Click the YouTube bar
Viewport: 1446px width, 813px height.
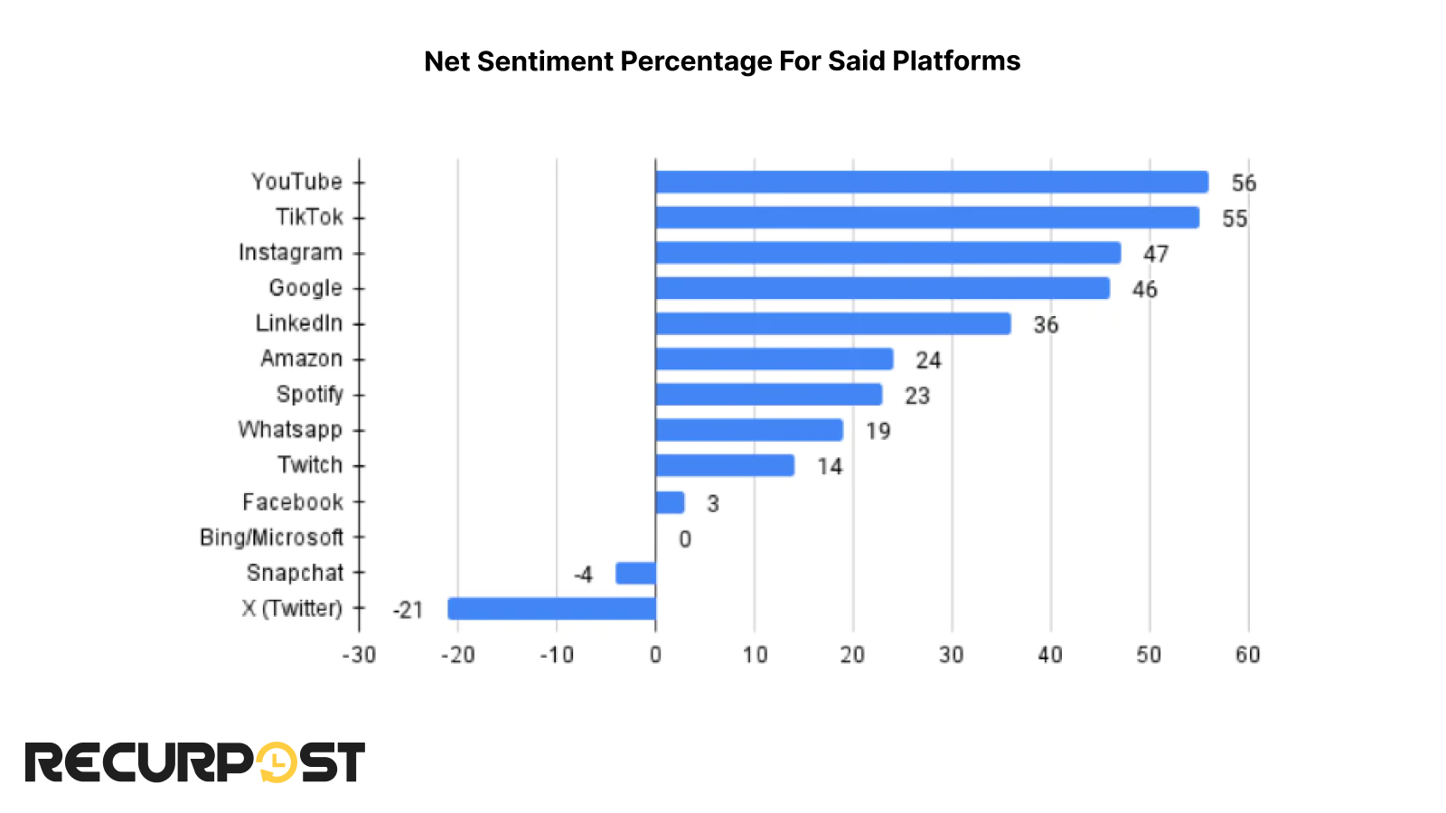(x=931, y=182)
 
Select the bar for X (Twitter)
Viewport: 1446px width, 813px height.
(x=551, y=609)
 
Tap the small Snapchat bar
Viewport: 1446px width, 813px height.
(x=635, y=574)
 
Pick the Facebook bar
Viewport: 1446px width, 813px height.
(x=670, y=502)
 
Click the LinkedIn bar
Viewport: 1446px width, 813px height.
(x=832, y=323)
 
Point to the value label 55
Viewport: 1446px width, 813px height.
(x=1235, y=219)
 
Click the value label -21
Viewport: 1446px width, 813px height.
(x=408, y=611)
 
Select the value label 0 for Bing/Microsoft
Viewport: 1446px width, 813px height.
(x=685, y=539)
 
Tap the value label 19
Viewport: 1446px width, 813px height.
(x=878, y=431)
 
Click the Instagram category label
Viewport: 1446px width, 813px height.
(x=290, y=253)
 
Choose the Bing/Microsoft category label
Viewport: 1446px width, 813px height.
(x=271, y=537)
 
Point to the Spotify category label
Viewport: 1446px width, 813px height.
(x=309, y=395)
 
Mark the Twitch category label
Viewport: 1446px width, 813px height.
(x=310, y=465)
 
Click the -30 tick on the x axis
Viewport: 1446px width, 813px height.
(x=359, y=655)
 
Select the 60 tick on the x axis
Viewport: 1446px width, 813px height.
(x=1248, y=655)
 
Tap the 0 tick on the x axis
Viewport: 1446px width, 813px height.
(x=655, y=655)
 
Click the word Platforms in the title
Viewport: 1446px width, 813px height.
(x=956, y=61)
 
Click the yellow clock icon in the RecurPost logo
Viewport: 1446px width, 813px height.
(x=277, y=762)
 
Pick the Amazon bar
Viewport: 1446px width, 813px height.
(x=774, y=360)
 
